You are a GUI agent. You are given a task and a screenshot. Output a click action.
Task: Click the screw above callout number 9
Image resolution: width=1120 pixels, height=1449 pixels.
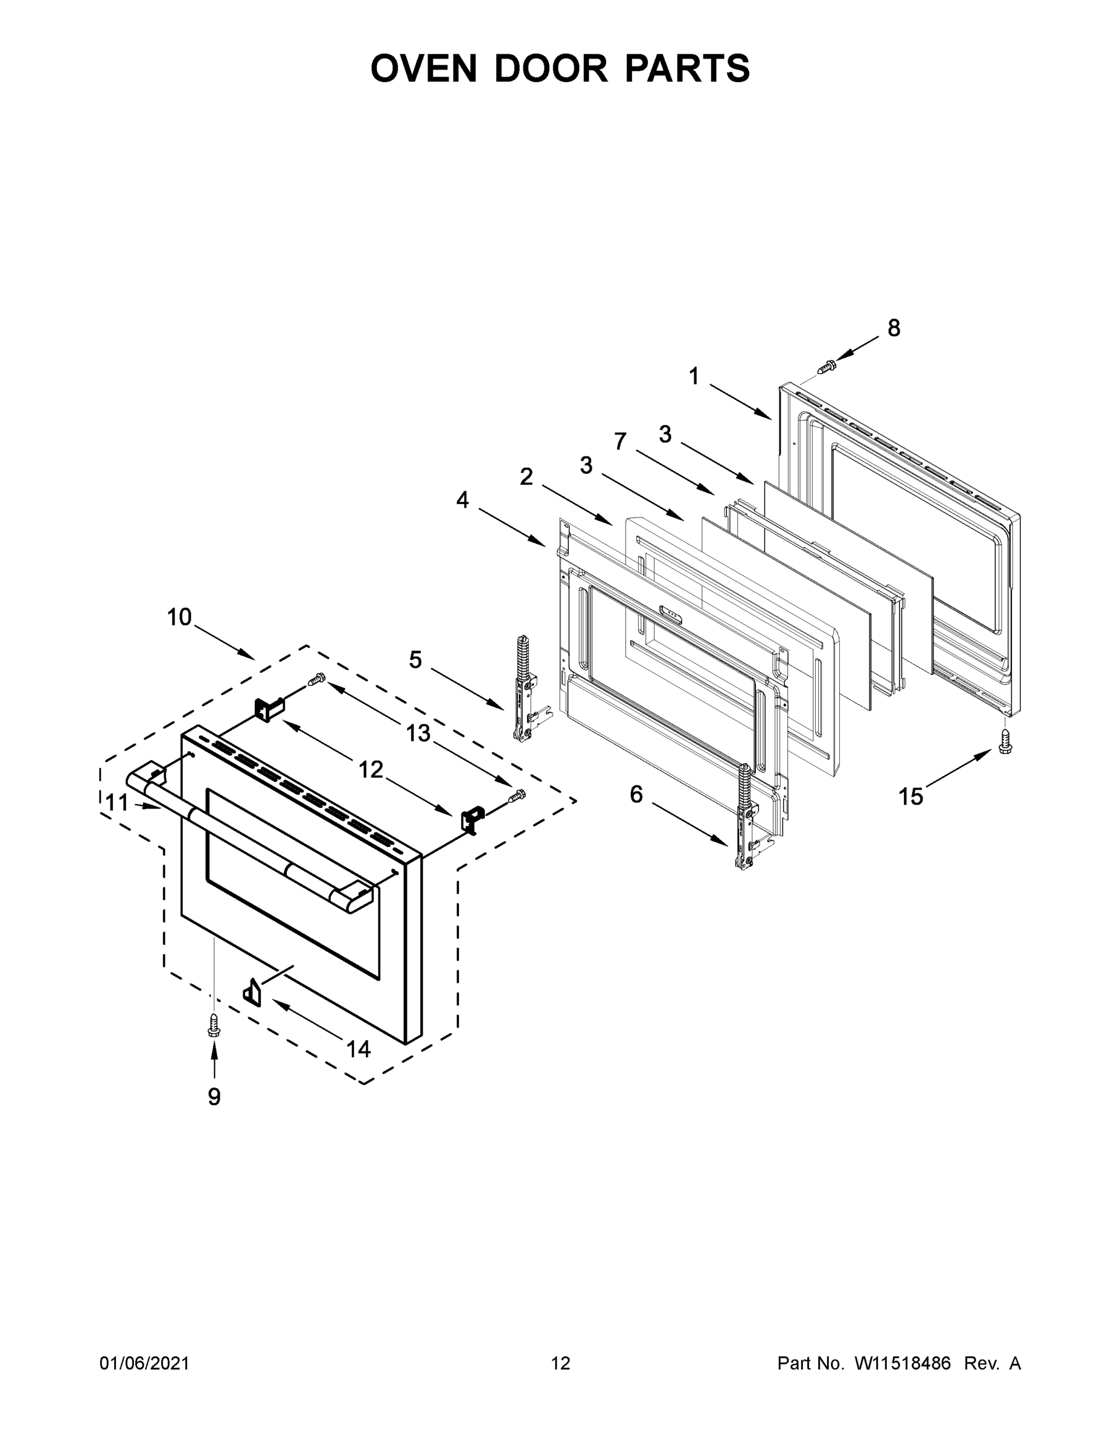tap(214, 1025)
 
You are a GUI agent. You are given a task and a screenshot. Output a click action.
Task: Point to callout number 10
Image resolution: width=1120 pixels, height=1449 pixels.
tap(179, 618)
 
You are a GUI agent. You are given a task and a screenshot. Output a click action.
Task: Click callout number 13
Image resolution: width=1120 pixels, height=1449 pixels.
tap(418, 733)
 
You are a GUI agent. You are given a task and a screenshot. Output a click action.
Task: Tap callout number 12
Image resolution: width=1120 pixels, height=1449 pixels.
tap(371, 770)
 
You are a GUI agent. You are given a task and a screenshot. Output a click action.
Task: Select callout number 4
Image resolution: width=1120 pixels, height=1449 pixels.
tap(462, 499)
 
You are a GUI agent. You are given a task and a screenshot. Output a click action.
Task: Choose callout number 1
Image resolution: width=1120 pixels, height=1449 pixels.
tap(694, 377)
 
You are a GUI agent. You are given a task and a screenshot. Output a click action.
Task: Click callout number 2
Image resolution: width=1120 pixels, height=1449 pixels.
tap(526, 476)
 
